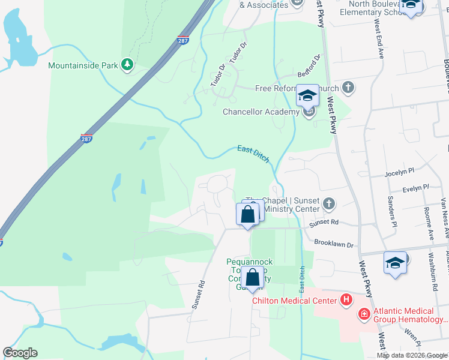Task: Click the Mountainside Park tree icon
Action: (x=127, y=64)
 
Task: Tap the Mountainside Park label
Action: (x=82, y=64)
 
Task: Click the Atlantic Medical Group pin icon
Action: (x=364, y=313)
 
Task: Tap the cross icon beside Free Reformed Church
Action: (x=348, y=88)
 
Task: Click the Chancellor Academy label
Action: (x=261, y=112)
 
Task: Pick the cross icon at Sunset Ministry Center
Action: (x=328, y=204)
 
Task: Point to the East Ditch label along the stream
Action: (x=253, y=154)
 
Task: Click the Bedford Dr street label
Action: (x=310, y=66)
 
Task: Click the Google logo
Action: (x=20, y=353)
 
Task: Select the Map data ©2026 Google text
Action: (x=412, y=355)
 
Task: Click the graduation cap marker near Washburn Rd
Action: (x=395, y=263)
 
